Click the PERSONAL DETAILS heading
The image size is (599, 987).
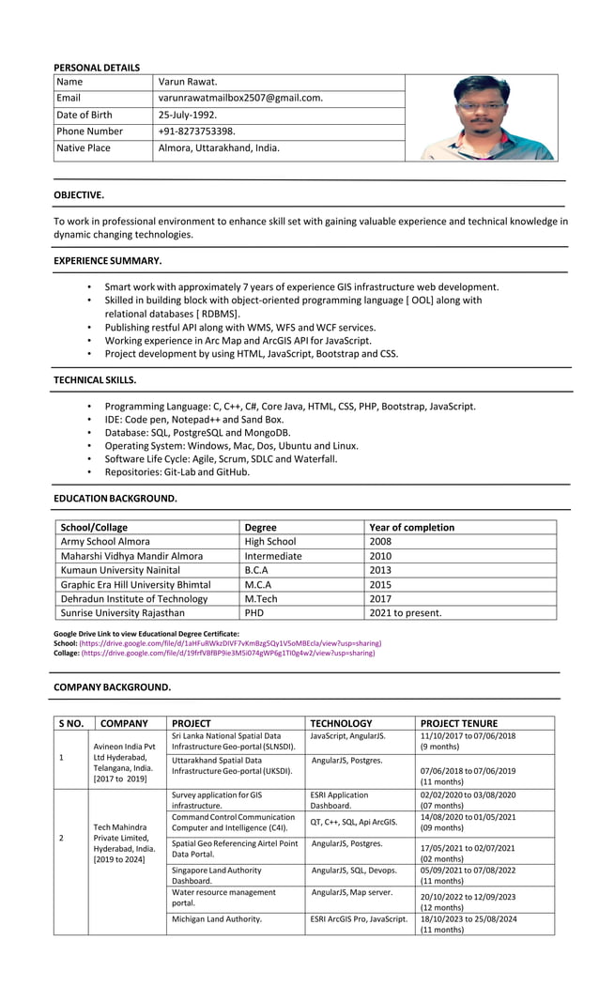pyautogui.click(x=97, y=68)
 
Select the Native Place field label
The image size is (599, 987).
pyautogui.click(x=84, y=148)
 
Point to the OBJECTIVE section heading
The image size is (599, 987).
pyautogui.click(x=79, y=195)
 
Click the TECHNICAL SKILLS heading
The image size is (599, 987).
pyautogui.click(x=95, y=380)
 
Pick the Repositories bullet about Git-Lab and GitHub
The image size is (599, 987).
pyautogui.click(x=177, y=472)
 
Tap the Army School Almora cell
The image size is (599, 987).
pyautogui.click(x=105, y=542)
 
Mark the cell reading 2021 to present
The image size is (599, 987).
pyautogui.click(x=406, y=613)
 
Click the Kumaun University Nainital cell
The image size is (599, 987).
pyautogui.click(x=120, y=570)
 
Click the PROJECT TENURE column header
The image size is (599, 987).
pyautogui.click(x=459, y=723)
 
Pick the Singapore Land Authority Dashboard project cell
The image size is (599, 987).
pyautogui.click(x=217, y=876)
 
